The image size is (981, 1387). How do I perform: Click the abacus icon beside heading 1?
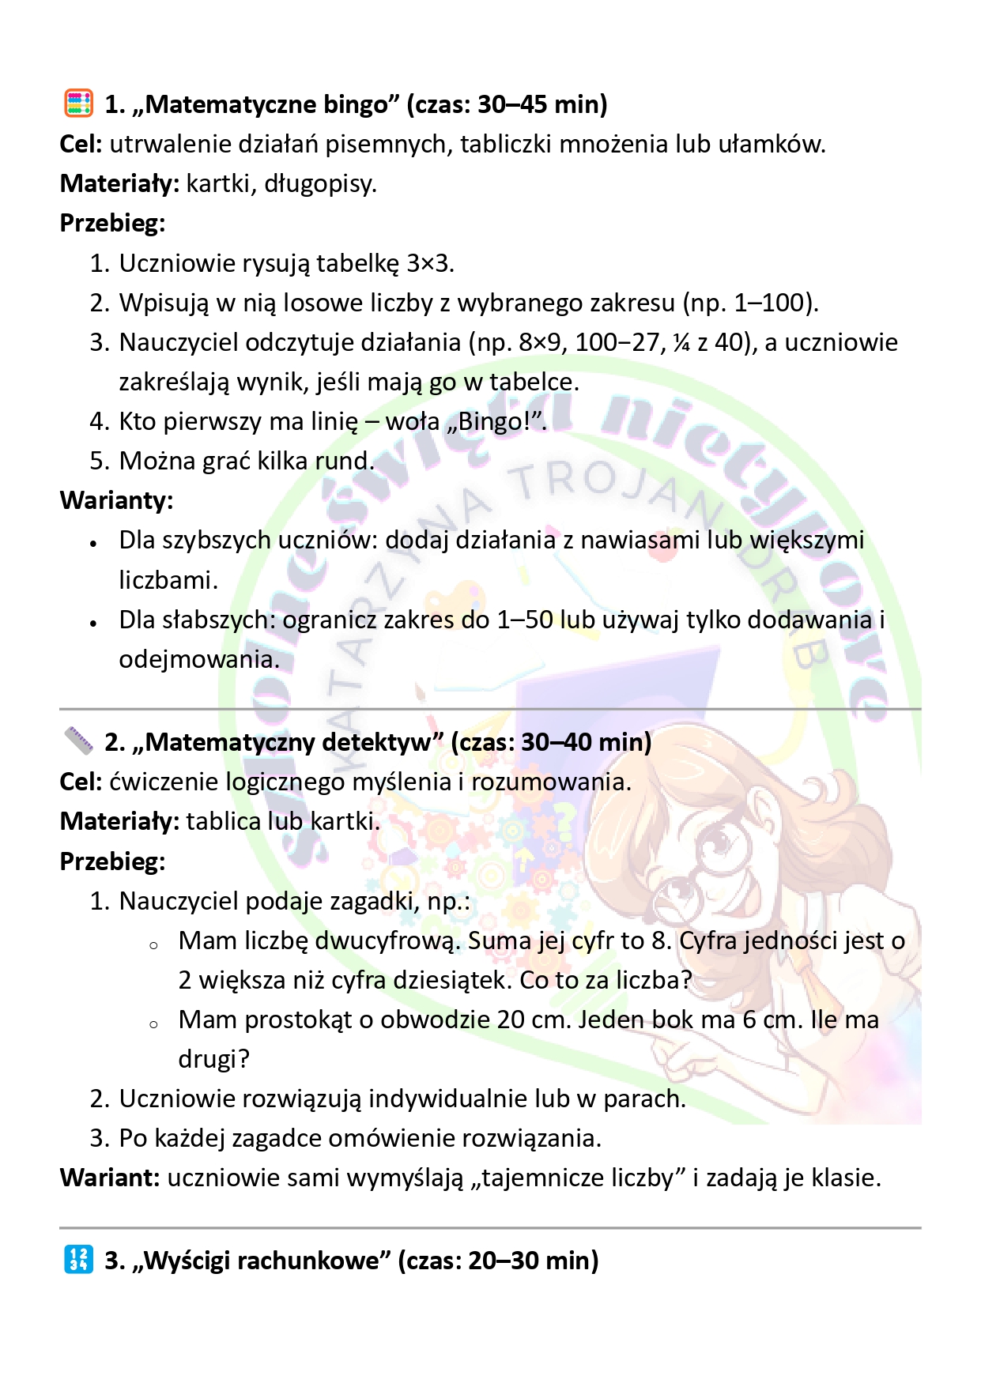pos(78,104)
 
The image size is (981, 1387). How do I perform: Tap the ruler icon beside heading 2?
pos(78,741)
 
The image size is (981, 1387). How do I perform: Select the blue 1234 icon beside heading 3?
pos(78,1259)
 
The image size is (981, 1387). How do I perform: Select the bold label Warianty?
pos(116,500)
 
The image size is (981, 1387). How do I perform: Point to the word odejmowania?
pos(198,659)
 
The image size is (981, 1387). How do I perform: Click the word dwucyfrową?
pos(387,940)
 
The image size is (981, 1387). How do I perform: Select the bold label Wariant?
pos(110,1178)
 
